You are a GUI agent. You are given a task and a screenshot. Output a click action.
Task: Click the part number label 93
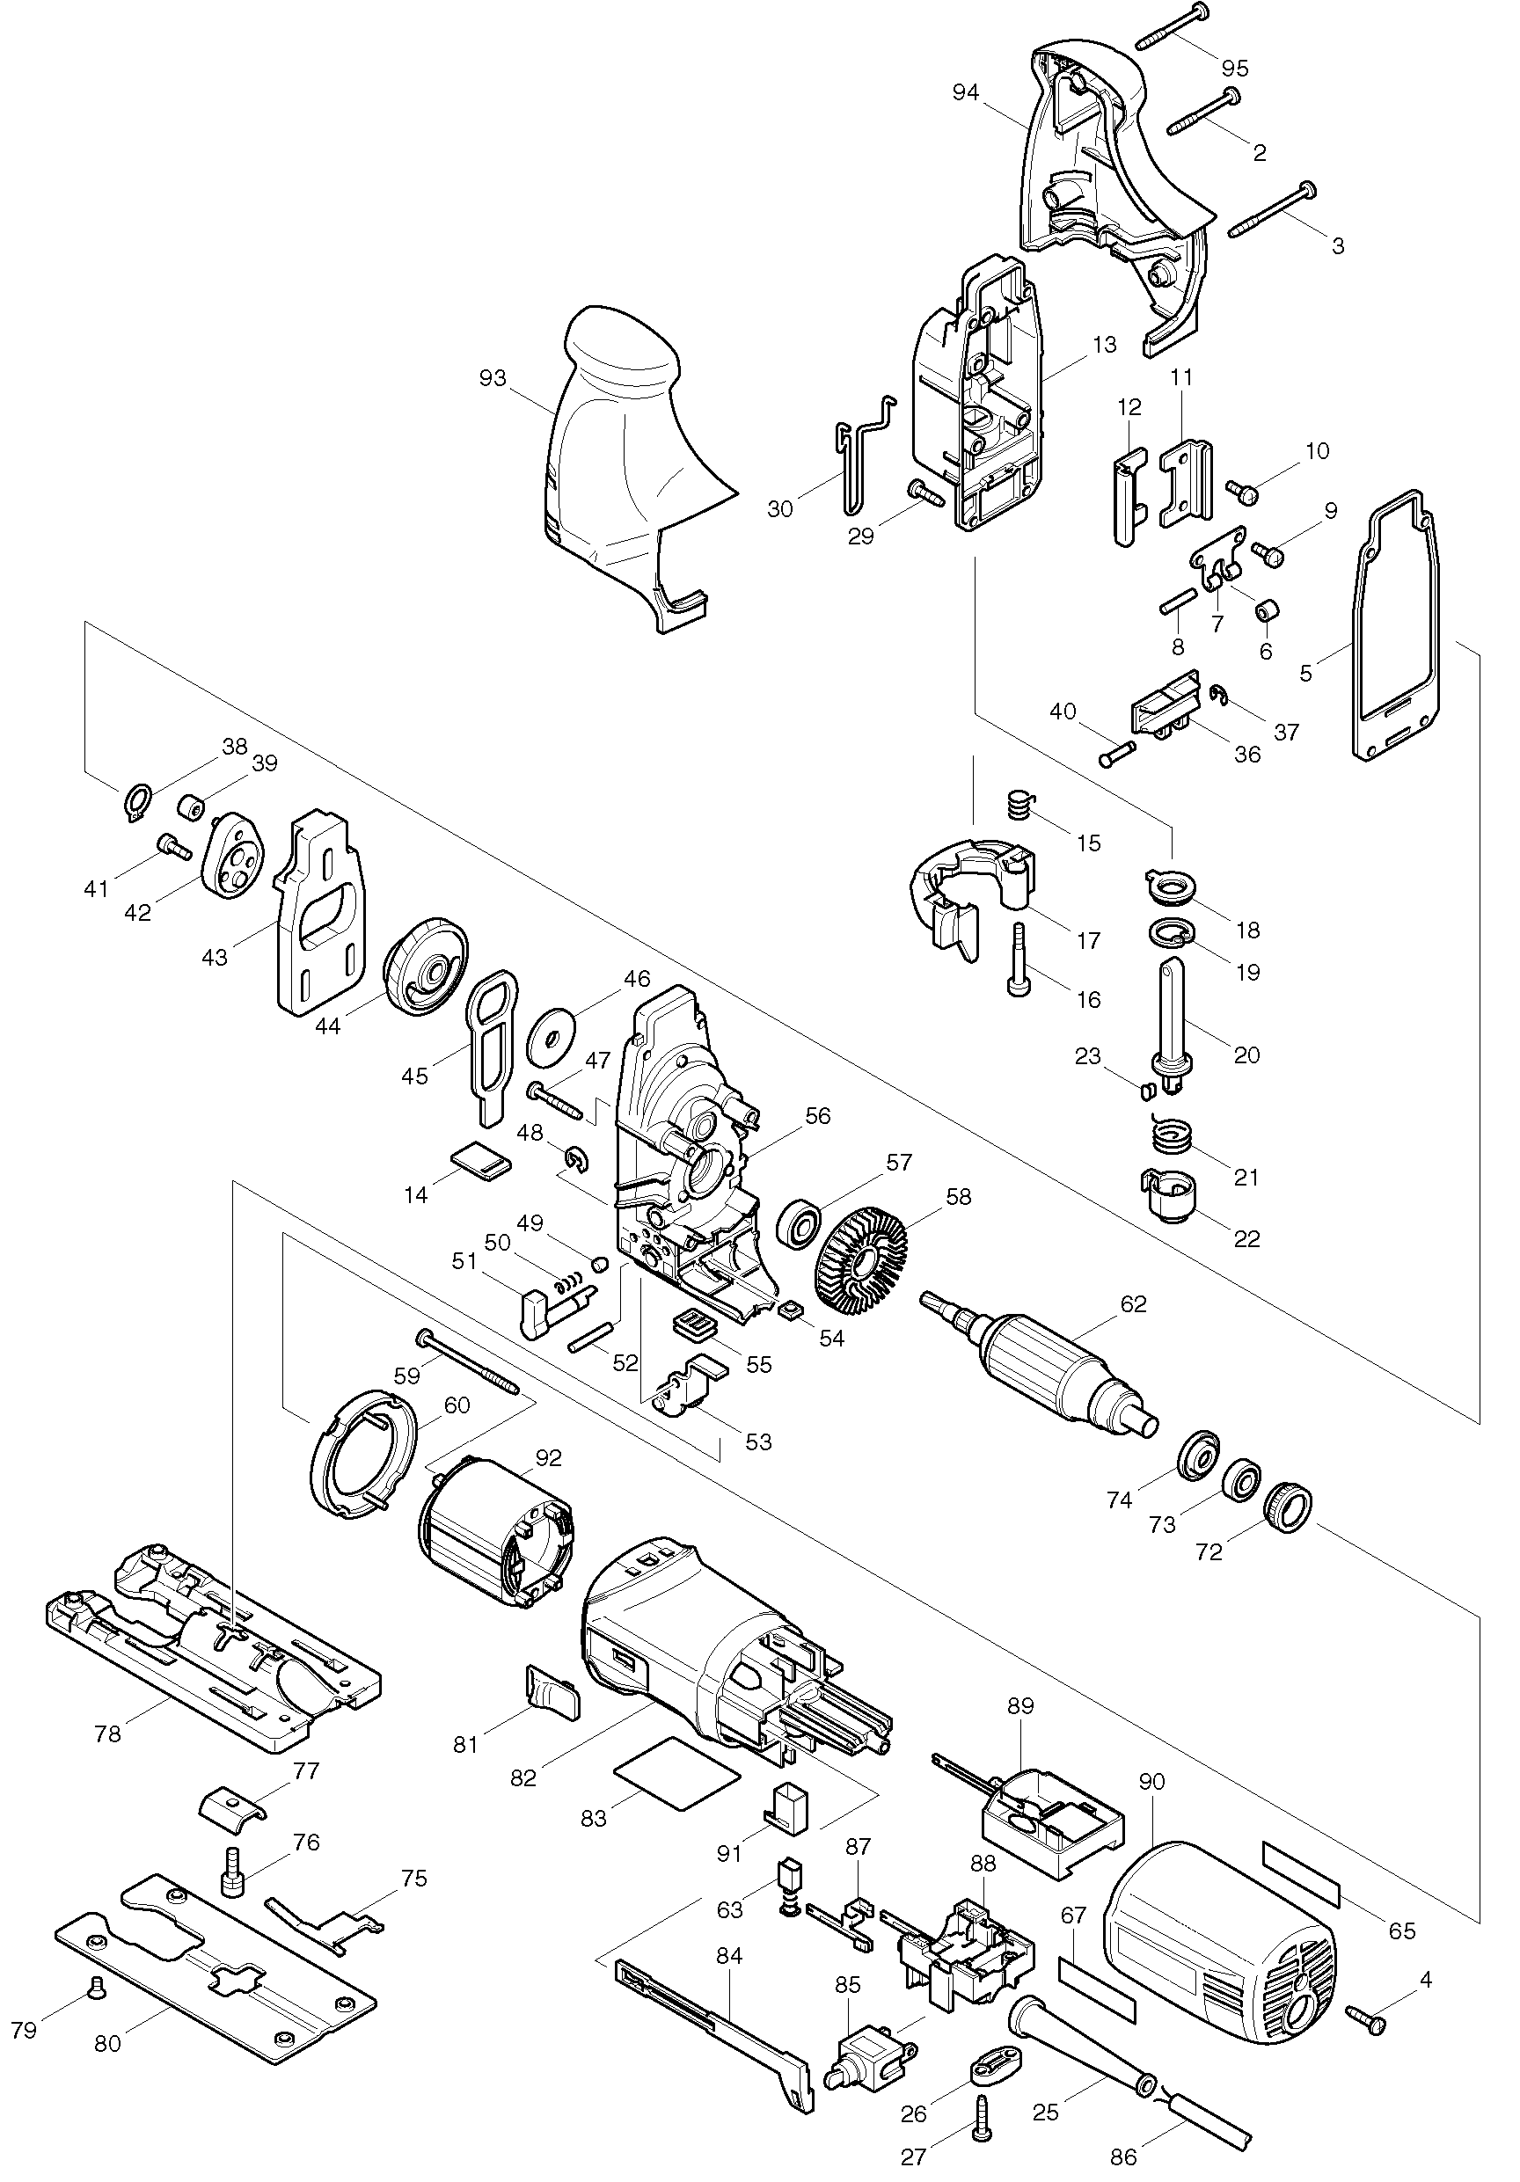point(493,378)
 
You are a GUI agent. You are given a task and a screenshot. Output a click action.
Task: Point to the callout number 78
point(107,1733)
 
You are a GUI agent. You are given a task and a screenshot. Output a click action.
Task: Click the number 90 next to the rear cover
point(1151,1782)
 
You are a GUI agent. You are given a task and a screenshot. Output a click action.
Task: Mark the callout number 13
point(1104,344)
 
